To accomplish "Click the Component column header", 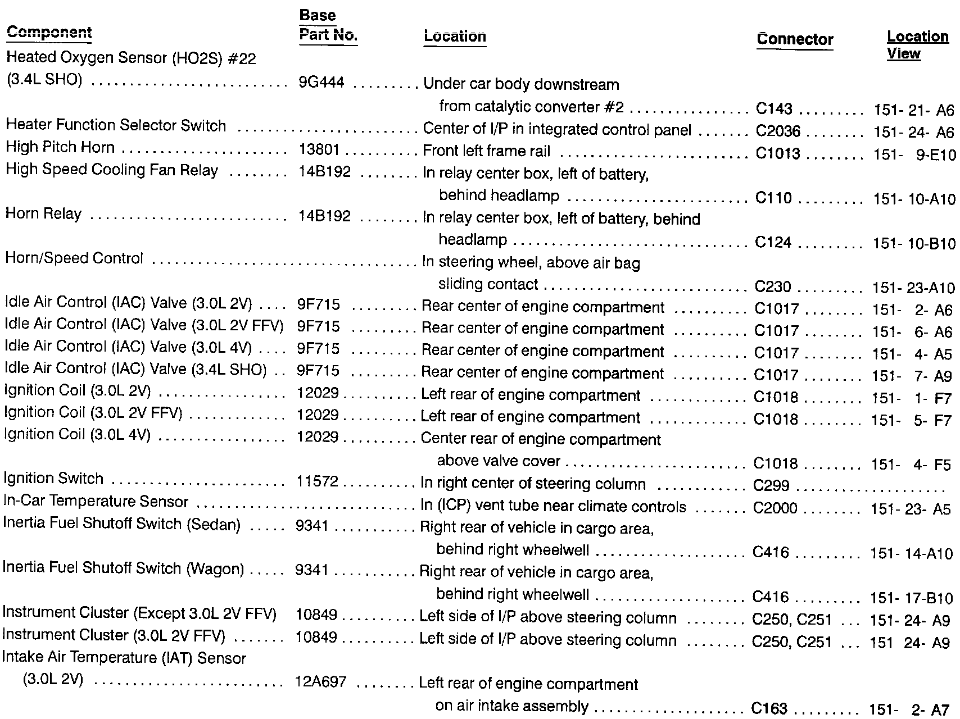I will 49,33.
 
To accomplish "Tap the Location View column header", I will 917,45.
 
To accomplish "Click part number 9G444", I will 321,83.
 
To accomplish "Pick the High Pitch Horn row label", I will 60,148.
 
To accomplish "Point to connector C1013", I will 778,153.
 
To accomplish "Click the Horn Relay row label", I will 43,214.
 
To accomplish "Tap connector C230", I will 773,286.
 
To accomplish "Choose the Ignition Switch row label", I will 53,479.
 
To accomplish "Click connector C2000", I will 775,508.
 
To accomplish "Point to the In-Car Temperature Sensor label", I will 96,501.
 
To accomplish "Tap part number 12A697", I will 320,682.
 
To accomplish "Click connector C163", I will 769,708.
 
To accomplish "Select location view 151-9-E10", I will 914,154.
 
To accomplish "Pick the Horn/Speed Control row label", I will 74,258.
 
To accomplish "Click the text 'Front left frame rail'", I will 487,151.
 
